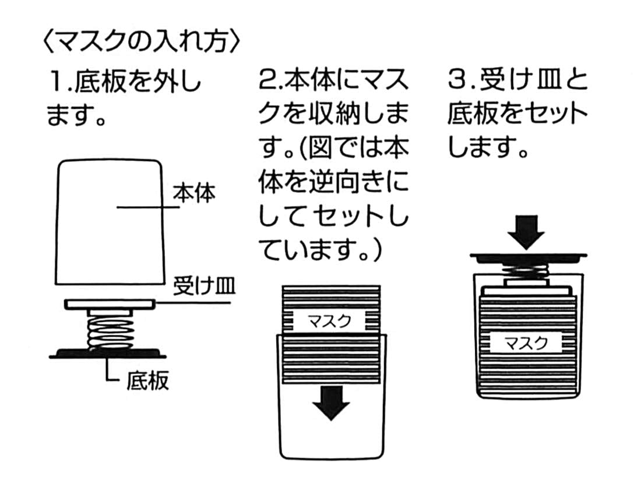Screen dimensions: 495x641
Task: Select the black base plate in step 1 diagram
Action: coord(108,352)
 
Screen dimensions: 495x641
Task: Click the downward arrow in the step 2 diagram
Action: coord(331,402)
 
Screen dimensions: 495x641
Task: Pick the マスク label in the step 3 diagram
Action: coord(526,343)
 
